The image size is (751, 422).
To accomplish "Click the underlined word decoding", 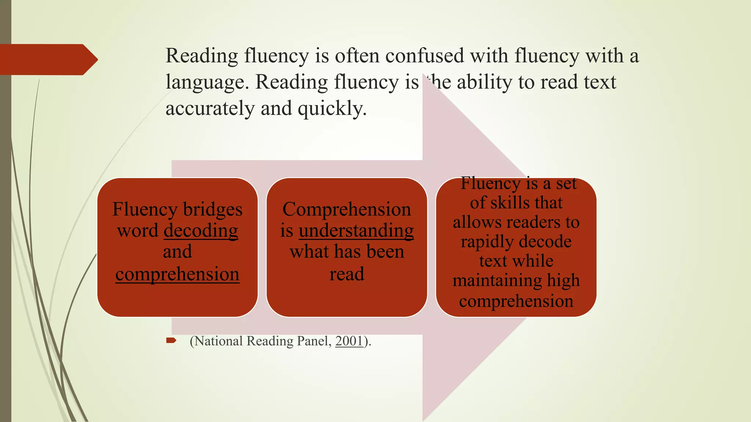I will (201, 231).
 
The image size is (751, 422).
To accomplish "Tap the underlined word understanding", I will (356, 231).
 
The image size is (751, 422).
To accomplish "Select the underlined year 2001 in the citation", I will (349, 341).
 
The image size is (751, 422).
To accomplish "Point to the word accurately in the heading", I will (210, 108).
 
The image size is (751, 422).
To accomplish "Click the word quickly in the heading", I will (331, 108).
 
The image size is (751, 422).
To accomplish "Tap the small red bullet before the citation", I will (171, 341).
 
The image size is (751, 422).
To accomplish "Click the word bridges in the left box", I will (213, 210).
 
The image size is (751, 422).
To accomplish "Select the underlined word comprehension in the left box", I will (177, 274).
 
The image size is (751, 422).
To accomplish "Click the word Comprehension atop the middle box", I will (347, 210).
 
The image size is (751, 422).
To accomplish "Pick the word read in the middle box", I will (347, 274).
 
